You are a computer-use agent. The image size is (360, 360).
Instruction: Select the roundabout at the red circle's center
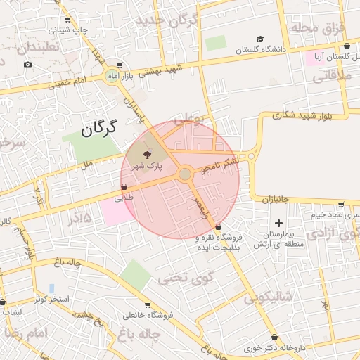click(x=185, y=174)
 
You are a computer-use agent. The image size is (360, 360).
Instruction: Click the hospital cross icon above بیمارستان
click(x=279, y=223)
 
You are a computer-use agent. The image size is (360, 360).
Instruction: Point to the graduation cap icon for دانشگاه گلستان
click(x=259, y=39)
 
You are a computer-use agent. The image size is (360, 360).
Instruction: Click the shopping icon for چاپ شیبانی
click(x=67, y=20)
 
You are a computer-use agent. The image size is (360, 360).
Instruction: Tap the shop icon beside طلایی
click(x=124, y=187)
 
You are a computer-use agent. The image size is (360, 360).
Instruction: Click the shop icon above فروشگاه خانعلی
click(x=147, y=305)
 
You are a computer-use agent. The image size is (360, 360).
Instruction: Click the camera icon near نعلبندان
click(x=27, y=65)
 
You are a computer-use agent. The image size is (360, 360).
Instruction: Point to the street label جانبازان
click(x=276, y=200)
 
